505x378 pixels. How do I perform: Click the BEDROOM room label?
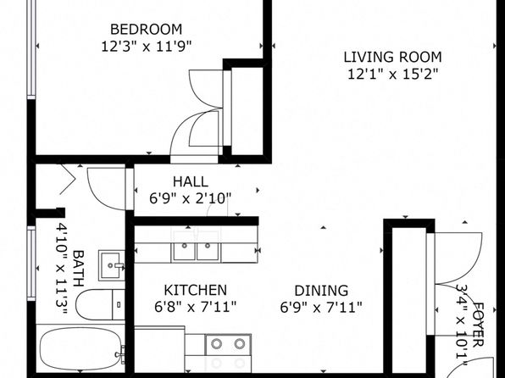(x=147, y=30)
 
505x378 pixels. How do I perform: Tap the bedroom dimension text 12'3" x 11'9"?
(x=147, y=47)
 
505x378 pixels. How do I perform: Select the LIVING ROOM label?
(x=392, y=58)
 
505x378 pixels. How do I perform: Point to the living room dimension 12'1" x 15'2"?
(x=393, y=75)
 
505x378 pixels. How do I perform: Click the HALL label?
(x=191, y=181)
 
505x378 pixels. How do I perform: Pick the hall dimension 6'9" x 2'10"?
(x=191, y=198)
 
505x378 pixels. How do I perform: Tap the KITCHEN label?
(x=196, y=290)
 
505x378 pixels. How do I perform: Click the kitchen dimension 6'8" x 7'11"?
(x=196, y=307)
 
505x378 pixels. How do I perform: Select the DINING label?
(x=321, y=291)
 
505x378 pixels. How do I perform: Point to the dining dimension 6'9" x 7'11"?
(x=321, y=307)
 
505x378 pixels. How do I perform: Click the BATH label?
(x=78, y=269)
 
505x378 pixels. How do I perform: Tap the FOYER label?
(x=478, y=325)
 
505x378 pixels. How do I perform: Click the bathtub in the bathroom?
(x=80, y=349)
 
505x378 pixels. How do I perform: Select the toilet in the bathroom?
(x=100, y=304)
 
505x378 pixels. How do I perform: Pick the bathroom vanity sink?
(x=112, y=265)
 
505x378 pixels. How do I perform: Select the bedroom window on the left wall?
(x=31, y=48)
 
